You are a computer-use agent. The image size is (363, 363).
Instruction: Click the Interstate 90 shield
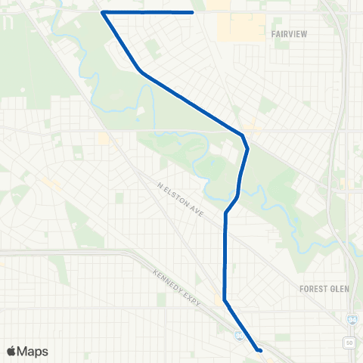[239, 334]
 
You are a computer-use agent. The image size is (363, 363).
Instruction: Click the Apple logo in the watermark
[11, 351]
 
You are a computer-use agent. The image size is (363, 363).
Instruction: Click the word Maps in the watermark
[33, 351]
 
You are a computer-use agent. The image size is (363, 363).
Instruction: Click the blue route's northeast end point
[193, 12]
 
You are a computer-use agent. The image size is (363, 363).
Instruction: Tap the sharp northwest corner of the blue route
[102, 12]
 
